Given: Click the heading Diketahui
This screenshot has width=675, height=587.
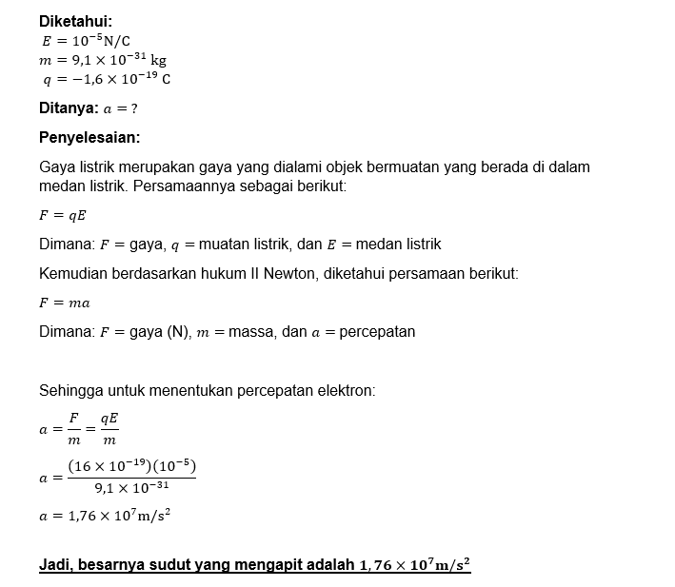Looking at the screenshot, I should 74,21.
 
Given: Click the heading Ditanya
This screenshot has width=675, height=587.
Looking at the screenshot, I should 69,108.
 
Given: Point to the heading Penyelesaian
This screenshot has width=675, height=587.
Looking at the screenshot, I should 89,137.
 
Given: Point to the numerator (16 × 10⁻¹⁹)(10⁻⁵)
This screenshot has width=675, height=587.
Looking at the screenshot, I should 131,466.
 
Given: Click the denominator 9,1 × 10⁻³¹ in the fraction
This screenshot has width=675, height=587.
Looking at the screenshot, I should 131,488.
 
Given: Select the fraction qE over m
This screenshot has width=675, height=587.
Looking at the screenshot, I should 109,428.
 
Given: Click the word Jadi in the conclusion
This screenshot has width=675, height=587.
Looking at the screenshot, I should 55,565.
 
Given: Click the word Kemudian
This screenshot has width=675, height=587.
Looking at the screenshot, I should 73,274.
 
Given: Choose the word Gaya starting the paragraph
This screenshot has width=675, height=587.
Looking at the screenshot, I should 57,167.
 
